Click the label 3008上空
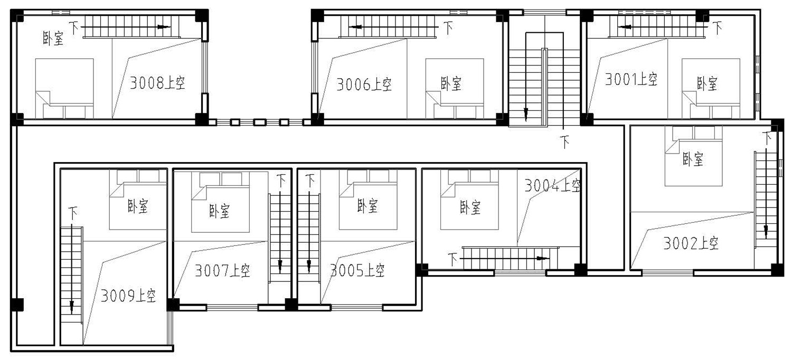pos(157,83)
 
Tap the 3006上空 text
pos(364,84)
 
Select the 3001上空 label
pos(631,79)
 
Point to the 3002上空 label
pos(691,243)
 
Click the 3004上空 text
pos(552,185)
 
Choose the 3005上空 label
pos(357,271)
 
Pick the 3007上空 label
pos(222,271)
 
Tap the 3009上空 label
pos(128,296)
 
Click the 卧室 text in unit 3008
pos(53,38)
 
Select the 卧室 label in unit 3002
pos(693,159)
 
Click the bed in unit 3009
pos(138,200)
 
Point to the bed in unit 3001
pos(711,89)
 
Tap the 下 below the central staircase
pos(565,142)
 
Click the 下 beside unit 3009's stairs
pos(73,213)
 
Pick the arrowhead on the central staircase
pos(526,113)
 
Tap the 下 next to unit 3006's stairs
pos(448,27)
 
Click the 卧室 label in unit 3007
pos(220,211)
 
